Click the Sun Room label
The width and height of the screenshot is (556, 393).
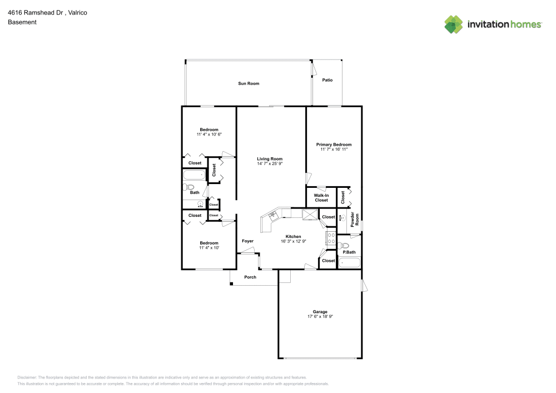249,83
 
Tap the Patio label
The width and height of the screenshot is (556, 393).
327,80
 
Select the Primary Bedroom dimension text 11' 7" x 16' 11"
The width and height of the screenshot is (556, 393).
334,149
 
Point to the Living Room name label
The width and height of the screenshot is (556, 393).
270,159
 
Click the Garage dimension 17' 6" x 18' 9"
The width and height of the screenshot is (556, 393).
320,316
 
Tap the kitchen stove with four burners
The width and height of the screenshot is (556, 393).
331,238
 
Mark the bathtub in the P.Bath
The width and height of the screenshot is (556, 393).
349,262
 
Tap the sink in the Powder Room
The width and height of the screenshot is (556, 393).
342,218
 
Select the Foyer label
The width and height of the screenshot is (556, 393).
247,241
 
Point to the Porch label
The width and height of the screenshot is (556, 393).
250,277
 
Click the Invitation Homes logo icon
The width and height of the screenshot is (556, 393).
454,24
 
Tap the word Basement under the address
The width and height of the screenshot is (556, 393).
22,22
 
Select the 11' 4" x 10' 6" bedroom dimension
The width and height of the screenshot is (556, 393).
209,134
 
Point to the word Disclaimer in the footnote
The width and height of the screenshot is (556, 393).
27,377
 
